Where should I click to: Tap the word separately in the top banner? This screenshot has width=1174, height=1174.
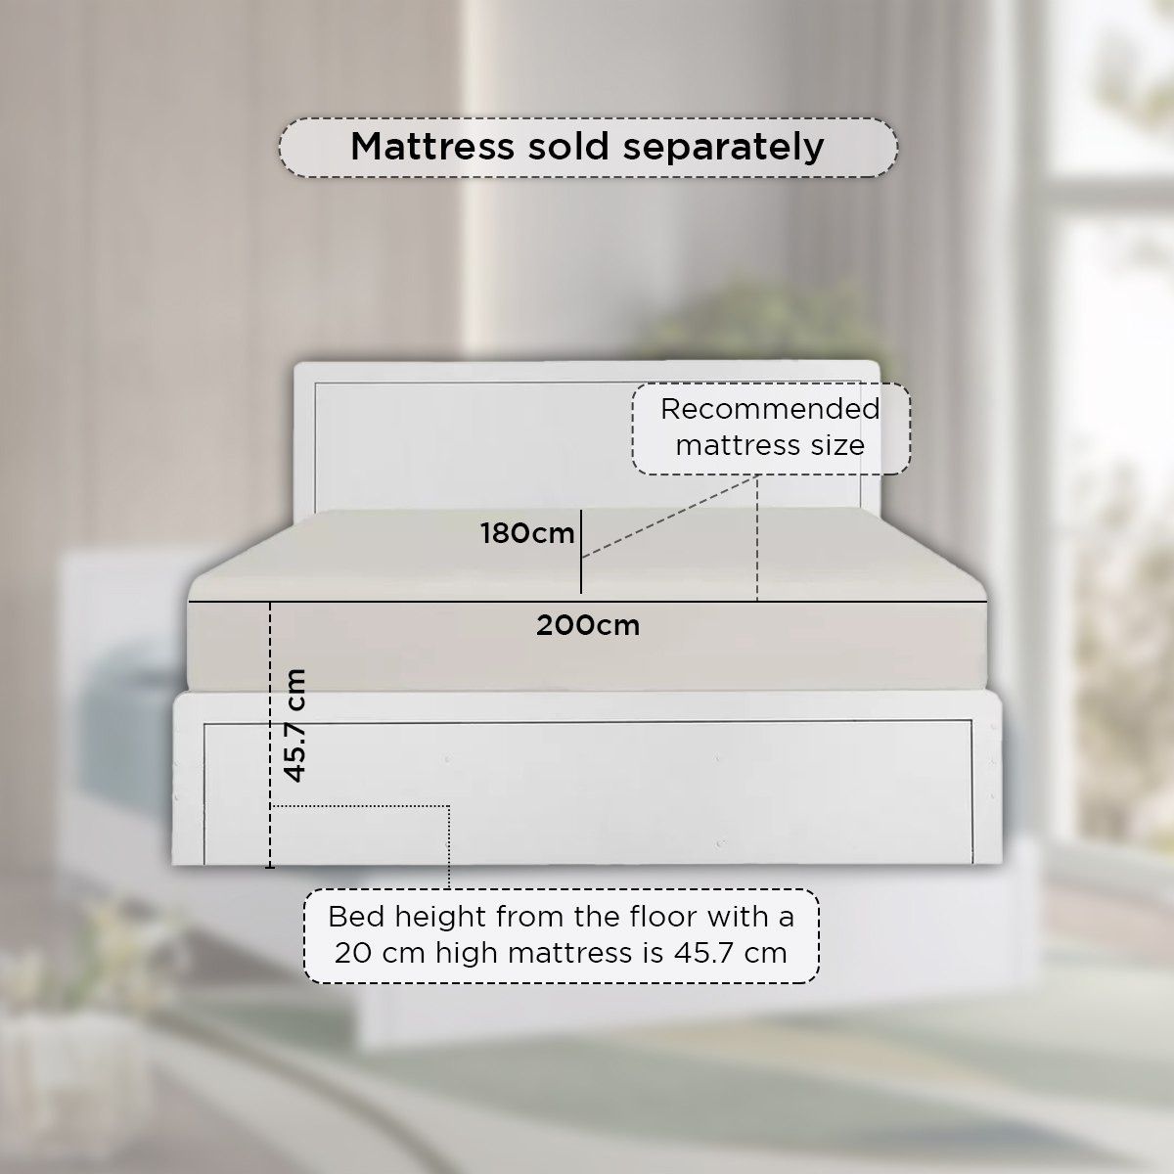click(x=724, y=148)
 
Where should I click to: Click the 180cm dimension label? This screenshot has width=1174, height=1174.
click(x=527, y=534)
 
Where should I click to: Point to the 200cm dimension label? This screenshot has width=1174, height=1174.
click(x=588, y=626)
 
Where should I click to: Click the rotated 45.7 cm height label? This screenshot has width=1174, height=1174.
click(x=294, y=725)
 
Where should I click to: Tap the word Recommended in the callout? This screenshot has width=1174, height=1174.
click(x=770, y=409)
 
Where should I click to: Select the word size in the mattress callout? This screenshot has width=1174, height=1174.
click(x=837, y=445)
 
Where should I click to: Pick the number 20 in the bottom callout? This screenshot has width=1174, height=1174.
click(x=353, y=953)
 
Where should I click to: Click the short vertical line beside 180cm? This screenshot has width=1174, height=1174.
click(x=580, y=552)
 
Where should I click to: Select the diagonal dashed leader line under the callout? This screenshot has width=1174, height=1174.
click(x=668, y=518)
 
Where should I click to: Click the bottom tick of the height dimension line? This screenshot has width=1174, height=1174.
click(x=270, y=867)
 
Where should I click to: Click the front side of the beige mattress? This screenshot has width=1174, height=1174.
click(x=588, y=647)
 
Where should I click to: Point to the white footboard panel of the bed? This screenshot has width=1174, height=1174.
click(x=587, y=779)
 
